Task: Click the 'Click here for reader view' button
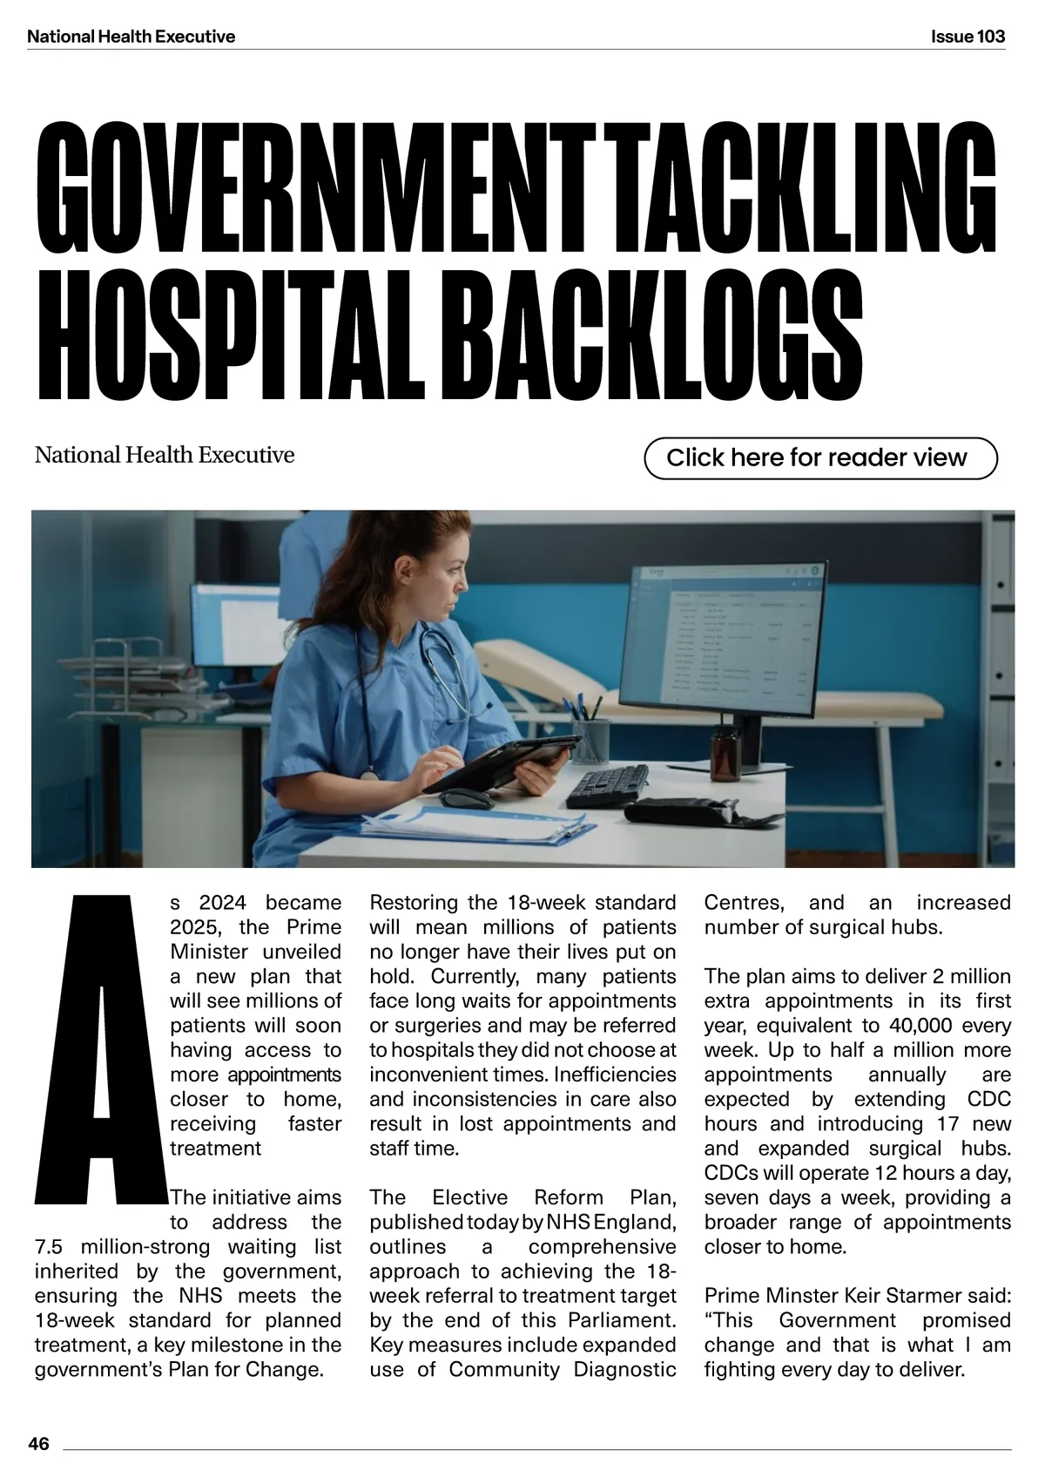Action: tap(819, 458)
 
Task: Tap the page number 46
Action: tap(39, 1444)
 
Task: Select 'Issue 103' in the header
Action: tap(967, 37)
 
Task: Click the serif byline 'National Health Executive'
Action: tap(165, 455)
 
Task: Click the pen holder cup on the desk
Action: tap(590, 741)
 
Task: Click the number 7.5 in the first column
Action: tap(49, 1247)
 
